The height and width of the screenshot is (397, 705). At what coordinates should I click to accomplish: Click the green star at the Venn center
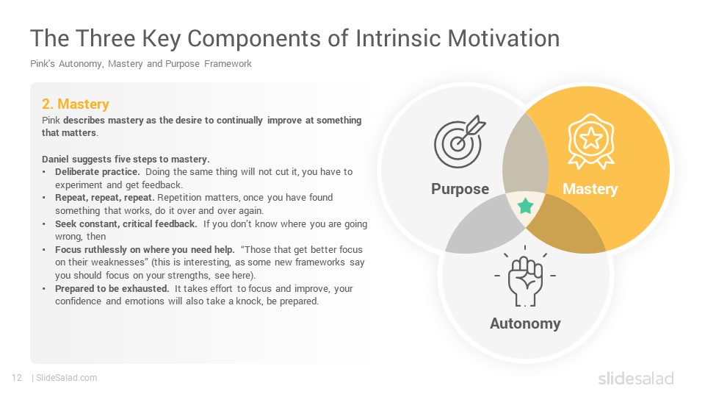[x=525, y=206]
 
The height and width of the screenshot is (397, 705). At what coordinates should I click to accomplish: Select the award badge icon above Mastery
[x=590, y=141]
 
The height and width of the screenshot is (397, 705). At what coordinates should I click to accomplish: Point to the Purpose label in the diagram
[x=460, y=189]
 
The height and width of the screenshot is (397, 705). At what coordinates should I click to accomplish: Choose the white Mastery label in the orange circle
[x=590, y=189]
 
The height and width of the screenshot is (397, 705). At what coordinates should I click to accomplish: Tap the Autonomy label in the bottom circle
[x=525, y=323]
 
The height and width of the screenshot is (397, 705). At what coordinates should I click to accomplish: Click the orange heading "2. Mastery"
[x=76, y=104]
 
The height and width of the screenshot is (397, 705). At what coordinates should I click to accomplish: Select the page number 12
[x=17, y=378]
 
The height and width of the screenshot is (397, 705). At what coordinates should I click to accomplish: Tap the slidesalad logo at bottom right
[x=636, y=378]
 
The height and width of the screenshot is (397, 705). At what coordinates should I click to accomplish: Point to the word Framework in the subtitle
[x=228, y=64]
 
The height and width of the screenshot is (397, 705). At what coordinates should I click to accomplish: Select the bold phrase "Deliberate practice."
[x=98, y=172]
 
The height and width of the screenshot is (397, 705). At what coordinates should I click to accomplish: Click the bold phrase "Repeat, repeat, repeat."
[x=105, y=198]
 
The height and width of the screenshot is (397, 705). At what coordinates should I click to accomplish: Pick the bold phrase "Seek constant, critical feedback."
[x=126, y=223]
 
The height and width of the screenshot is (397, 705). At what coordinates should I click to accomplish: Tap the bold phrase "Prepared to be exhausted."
[x=112, y=288]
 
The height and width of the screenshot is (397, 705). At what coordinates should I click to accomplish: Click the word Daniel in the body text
[x=55, y=160]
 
